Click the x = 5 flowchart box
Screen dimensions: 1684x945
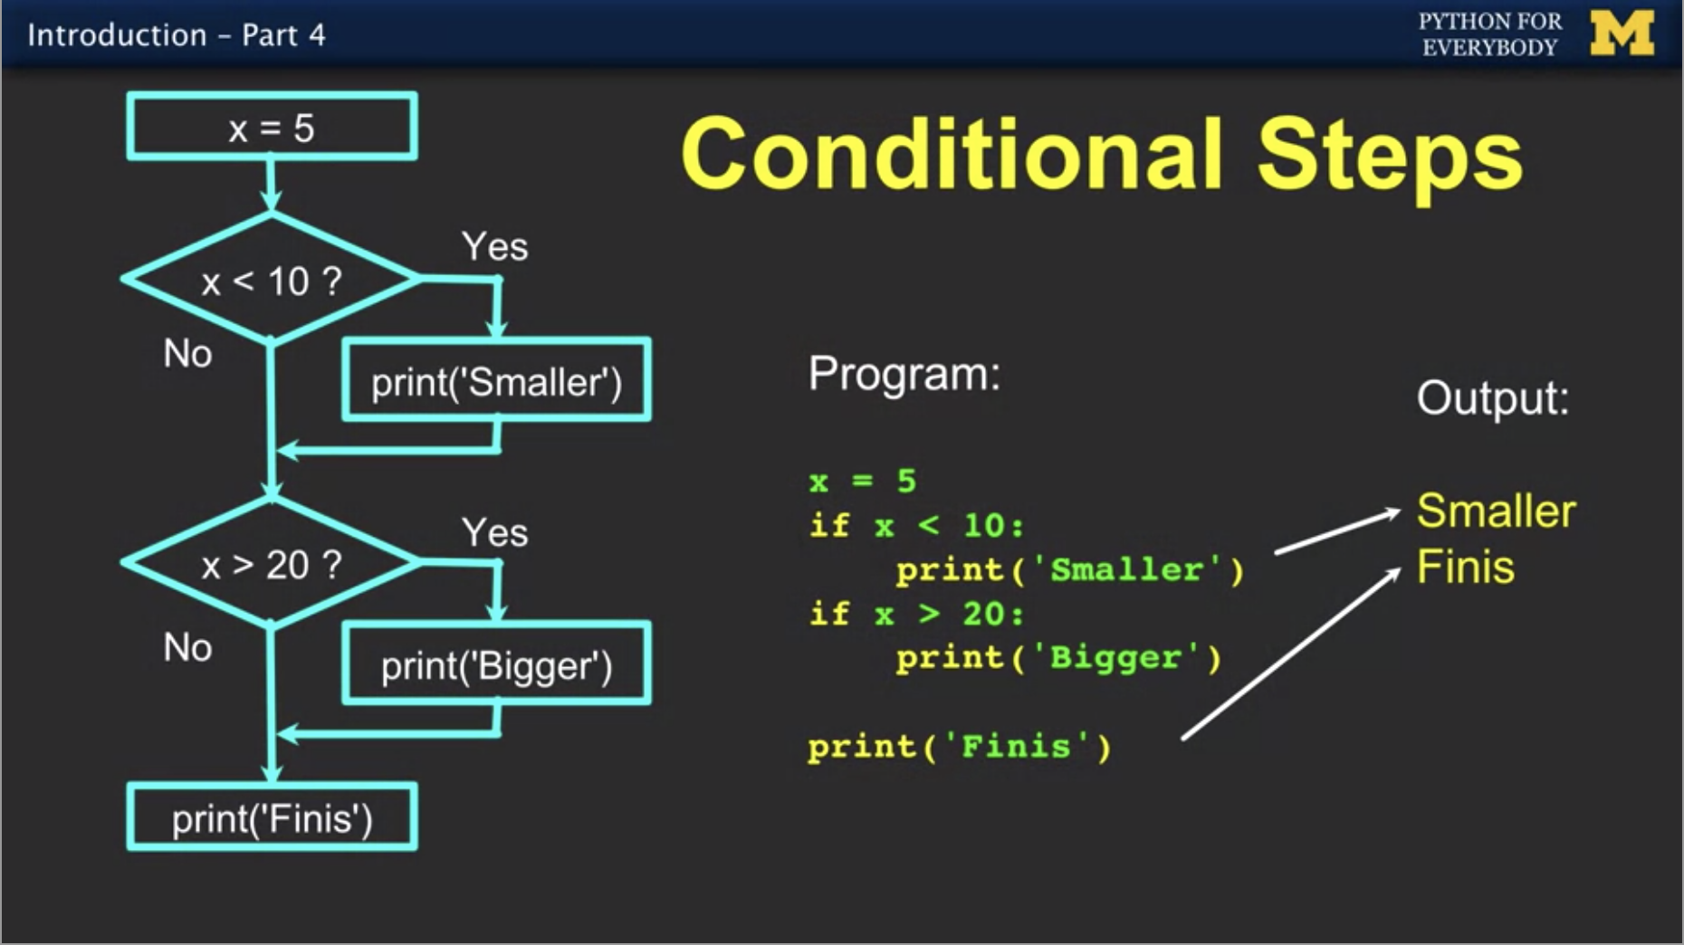pyautogui.click(x=272, y=128)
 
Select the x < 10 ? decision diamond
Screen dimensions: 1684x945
pyautogui.click(x=272, y=281)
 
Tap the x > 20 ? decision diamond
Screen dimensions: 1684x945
pyautogui.click(x=272, y=565)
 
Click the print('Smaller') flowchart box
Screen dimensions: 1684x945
pyautogui.click(x=496, y=381)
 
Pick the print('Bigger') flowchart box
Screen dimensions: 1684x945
pyautogui.click(x=496, y=665)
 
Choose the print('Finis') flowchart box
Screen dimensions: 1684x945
pyautogui.click(x=272, y=818)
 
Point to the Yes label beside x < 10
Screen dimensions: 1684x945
pyautogui.click(x=494, y=246)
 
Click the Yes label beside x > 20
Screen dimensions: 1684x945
pyautogui.click(x=494, y=532)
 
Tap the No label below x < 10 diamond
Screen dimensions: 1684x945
pyautogui.click(x=187, y=353)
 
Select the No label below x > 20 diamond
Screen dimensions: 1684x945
pyautogui.click(x=187, y=647)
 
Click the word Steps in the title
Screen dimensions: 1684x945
pyautogui.click(x=1390, y=156)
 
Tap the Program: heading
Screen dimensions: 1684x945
pyautogui.click(x=904, y=374)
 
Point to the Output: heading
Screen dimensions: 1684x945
pyautogui.click(x=1492, y=398)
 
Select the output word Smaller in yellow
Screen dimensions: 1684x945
pyautogui.click(x=1496, y=511)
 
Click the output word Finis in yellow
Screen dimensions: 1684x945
pyautogui.click(x=1465, y=568)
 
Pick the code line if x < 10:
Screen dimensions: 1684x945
pyautogui.click(x=916, y=526)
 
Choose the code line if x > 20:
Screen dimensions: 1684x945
pyautogui.click(x=916, y=614)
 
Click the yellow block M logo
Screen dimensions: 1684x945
pyautogui.click(x=1622, y=34)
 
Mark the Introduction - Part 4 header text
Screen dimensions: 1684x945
pyautogui.click(x=177, y=35)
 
